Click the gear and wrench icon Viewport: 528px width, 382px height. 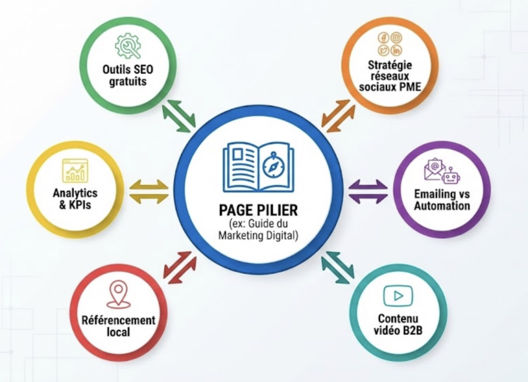[x=128, y=45]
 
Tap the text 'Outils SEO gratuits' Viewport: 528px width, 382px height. [x=128, y=75]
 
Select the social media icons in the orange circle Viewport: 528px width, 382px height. [x=390, y=44]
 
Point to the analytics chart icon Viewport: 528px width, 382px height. [x=75, y=170]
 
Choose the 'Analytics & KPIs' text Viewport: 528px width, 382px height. [x=75, y=199]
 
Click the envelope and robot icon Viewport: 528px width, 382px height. [x=442, y=171]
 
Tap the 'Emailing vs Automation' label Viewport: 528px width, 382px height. [x=442, y=200]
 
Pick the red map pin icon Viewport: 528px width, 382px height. [x=118, y=294]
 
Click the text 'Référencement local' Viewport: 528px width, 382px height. [x=118, y=326]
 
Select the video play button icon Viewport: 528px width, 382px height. [x=398, y=295]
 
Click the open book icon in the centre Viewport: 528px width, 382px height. [x=258, y=164]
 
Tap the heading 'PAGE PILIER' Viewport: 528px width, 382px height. [x=258, y=210]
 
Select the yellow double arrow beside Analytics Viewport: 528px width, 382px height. [x=148, y=191]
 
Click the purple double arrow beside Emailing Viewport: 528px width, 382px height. [x=368, y=191]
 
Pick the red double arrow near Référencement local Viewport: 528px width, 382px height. [x=179, y=267]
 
